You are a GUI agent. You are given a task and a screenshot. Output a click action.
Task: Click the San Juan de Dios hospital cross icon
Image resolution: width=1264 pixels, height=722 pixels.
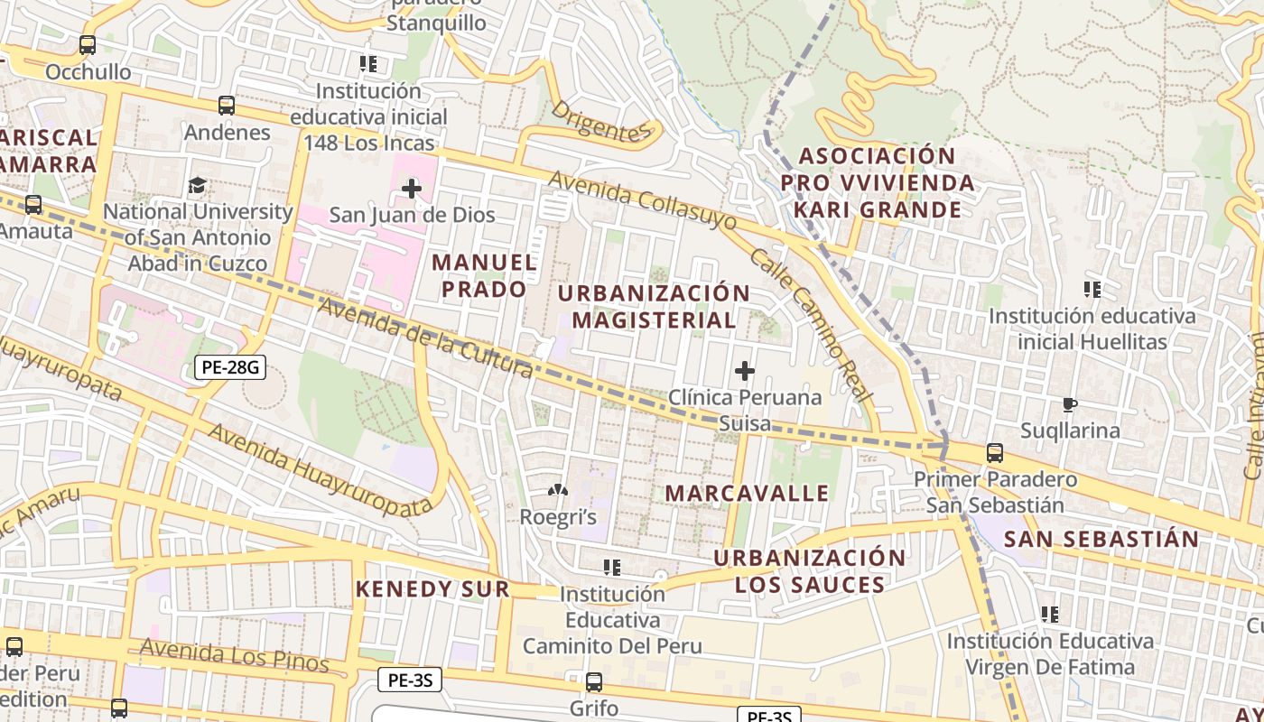point(412,189)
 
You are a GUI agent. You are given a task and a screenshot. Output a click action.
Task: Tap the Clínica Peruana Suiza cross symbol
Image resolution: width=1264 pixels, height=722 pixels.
point(745,371)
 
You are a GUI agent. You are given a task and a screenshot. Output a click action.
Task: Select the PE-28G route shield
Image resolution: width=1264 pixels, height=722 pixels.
point(229,366)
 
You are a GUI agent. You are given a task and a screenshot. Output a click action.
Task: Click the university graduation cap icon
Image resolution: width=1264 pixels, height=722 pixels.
point(196,186)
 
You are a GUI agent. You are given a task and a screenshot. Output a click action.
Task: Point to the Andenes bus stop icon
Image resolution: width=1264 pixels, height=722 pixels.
point(227,106)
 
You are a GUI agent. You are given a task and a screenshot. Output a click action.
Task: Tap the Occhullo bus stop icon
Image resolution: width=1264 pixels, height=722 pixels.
point(88,44)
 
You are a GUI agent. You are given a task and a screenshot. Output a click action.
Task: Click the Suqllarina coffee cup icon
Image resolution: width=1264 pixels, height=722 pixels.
point(1070,404)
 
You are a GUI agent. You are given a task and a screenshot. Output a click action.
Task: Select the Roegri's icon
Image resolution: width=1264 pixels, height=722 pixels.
point(558,491)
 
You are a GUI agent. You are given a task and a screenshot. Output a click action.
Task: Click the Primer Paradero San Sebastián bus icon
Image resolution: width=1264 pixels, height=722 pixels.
point(994,452)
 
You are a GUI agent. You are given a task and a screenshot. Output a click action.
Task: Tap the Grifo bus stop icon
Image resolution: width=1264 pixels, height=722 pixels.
point(594,681)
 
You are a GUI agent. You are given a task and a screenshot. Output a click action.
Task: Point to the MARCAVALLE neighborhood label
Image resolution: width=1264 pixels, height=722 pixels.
point(747,493)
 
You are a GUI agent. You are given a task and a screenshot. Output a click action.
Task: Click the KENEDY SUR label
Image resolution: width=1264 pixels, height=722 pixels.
point(432,589)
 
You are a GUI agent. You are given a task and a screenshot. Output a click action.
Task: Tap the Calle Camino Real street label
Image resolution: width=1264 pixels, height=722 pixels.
point(811,325)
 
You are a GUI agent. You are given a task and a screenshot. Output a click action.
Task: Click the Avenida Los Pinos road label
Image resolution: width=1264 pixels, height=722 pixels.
point(234,655)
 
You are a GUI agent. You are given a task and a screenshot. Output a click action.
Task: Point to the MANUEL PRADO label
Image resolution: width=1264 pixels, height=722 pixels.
point(484,275)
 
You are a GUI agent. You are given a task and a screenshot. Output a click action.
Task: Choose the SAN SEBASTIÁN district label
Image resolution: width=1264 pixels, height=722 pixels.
point(1101,540)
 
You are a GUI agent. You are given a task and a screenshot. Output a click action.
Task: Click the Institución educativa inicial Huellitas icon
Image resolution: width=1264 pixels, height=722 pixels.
point(1092,290)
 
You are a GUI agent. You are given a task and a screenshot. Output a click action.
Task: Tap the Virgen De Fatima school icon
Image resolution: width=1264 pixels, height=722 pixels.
point(1050,615)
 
